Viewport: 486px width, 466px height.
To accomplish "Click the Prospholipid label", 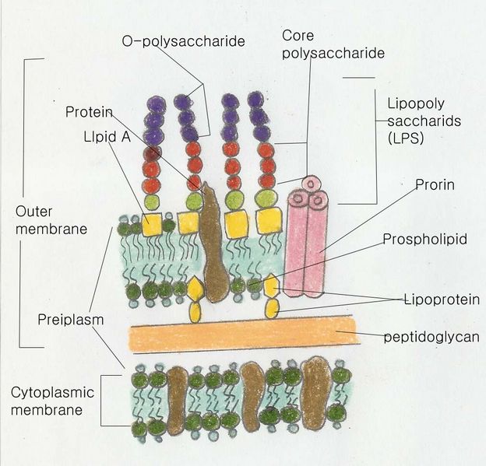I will tap(424, 239).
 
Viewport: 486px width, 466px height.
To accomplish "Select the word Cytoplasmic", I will tap(48, 392).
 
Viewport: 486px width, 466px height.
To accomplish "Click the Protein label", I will tap(87, 111).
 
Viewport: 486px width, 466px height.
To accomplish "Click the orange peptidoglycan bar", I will tap(242, 335).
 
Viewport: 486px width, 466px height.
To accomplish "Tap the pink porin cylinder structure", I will tap(305, 241).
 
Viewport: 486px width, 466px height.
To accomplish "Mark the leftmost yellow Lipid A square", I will tap(151, 224).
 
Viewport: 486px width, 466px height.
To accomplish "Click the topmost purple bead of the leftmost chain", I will tap(152, 103).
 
